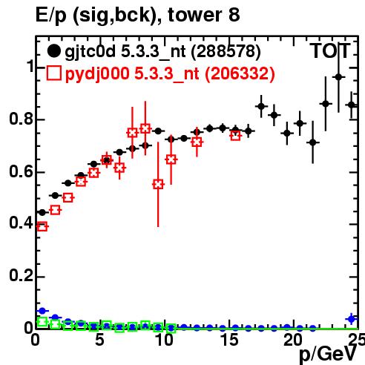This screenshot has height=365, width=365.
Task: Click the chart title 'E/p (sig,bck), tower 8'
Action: (x=137, y=15)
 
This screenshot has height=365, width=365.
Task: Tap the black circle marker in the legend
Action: (x=53, y=51)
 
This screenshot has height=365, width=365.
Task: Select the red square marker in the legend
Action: (x=54, y=73)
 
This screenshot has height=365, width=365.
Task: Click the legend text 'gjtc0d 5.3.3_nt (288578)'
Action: (x=162, y=52)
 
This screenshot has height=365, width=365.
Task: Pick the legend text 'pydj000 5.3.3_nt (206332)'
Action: (x=170, y=73)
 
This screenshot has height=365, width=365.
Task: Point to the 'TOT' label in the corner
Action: (x=330, y=50)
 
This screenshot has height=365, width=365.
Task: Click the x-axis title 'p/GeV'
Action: (x=328, y=354)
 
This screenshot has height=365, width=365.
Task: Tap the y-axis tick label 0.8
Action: (x=21, y=119)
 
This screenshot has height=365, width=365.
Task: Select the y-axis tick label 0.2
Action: (x=21, y=275)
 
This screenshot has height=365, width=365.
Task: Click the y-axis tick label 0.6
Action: (x=21, y=171)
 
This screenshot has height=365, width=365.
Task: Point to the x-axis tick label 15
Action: (x=230, y=340)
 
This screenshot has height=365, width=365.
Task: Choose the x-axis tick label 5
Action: (x=99, y=340)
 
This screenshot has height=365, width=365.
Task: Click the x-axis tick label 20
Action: (x=293, y=340)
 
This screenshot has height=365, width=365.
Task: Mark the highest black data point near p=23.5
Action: (x=338, y=77)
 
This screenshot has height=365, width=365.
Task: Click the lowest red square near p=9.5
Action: (x=158, y=184)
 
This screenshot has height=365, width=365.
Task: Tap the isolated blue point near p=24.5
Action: (x=352, y=319)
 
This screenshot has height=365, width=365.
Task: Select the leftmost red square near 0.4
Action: (x=42, y=226)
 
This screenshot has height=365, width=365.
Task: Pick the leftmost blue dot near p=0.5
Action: (x=42, y=311)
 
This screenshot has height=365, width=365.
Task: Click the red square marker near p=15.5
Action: (x=235, y=136)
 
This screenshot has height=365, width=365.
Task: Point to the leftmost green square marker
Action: (x=42, y=322)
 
